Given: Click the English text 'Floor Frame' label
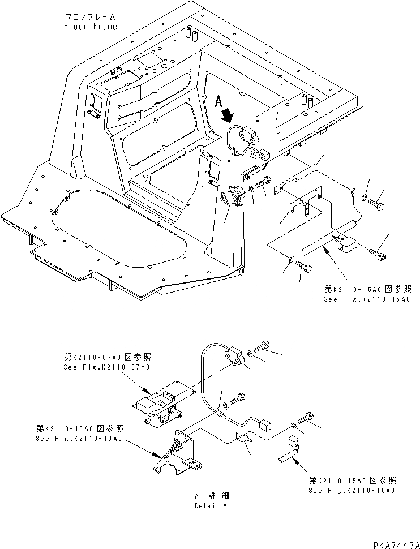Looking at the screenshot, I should (x=91, y=27).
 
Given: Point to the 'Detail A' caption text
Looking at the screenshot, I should (x=210, y=505).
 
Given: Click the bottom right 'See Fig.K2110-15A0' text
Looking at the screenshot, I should (x=352, y=490).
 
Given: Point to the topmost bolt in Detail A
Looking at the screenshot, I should (x=264, y=344).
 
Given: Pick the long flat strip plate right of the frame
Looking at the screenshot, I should (x=294, y=173).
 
